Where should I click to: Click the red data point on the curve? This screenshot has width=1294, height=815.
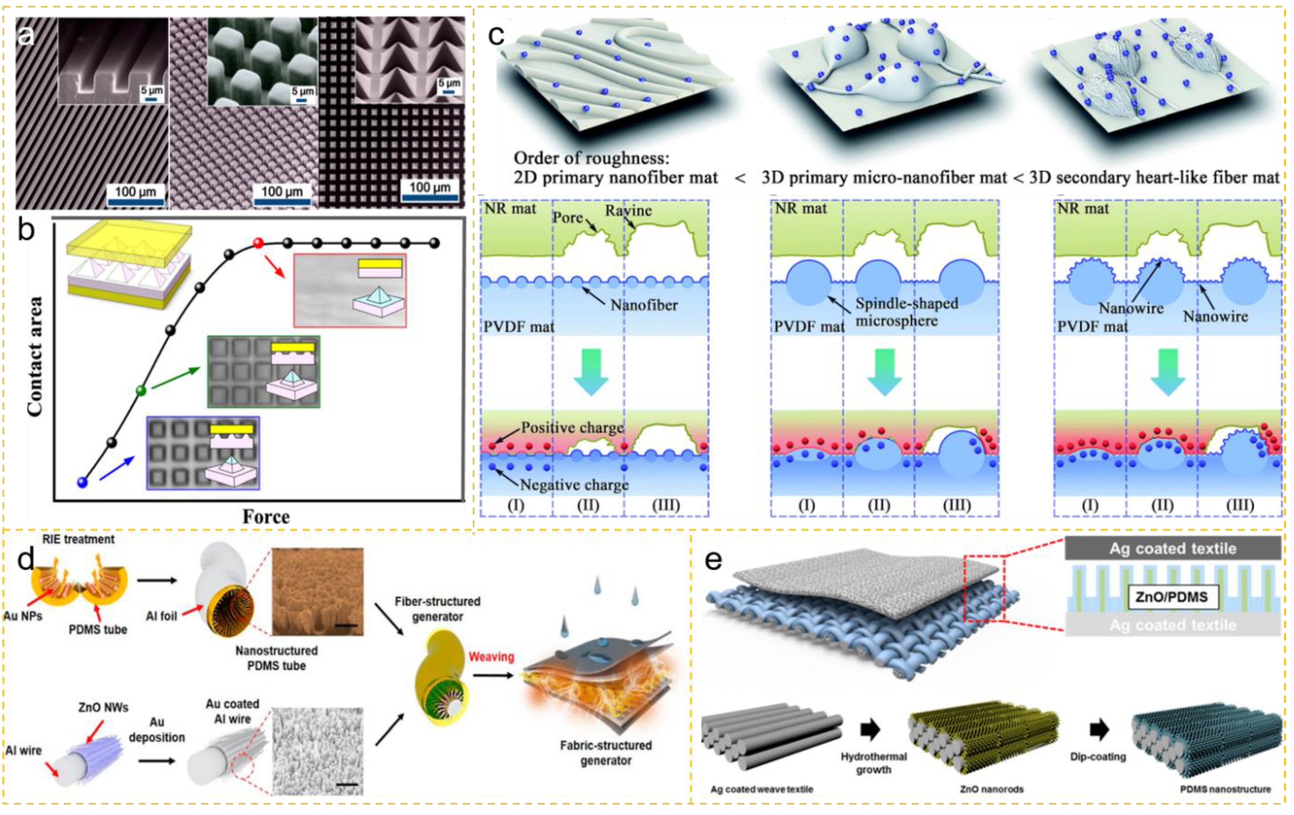tap(259, 243)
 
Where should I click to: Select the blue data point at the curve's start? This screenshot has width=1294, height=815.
tap(82, 482)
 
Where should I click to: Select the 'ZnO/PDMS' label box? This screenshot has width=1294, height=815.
tap(1171, 597)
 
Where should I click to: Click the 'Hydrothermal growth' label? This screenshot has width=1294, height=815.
tap(874, 763)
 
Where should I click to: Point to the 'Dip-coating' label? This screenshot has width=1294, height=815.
tap(1098, 756)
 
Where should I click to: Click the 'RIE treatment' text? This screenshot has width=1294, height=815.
tap(79, 539)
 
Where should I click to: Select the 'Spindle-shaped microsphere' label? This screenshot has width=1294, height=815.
tap(907, 312)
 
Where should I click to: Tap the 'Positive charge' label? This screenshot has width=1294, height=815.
tap(572, 427)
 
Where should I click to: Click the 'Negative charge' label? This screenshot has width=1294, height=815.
tap(574, 485)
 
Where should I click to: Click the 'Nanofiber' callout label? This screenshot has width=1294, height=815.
tap(644, 305)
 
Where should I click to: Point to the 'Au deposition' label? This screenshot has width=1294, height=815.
tap(157, 730)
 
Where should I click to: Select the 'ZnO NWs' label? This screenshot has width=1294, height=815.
tap(103, 707)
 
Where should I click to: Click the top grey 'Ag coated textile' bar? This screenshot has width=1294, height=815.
tap(1173, 548)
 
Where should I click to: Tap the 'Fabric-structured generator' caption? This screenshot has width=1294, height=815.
tap(606, 753)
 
